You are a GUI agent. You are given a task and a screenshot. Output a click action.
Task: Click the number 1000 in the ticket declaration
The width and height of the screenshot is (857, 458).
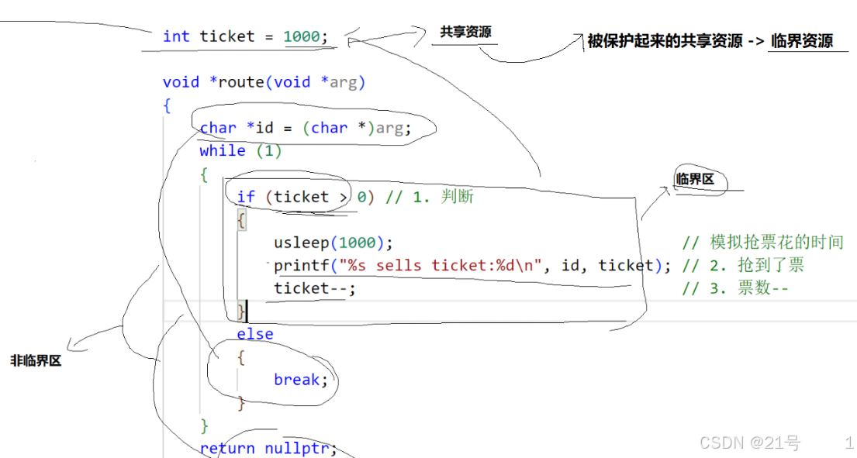point(302,36)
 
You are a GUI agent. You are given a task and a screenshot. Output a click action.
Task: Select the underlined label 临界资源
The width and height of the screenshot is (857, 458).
point(801,41)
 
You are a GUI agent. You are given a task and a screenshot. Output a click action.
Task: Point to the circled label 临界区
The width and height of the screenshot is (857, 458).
point(695,180)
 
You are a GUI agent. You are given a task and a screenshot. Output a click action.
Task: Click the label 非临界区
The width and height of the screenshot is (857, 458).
point(36,360)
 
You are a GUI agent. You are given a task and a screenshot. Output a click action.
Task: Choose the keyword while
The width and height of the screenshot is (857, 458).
point(223,151)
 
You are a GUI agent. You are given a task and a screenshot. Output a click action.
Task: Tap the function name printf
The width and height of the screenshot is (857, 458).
point(302,266)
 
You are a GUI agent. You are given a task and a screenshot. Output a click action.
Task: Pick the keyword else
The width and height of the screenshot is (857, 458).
point(255,334)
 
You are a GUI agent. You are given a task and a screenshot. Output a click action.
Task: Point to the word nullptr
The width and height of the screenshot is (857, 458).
point(297,448)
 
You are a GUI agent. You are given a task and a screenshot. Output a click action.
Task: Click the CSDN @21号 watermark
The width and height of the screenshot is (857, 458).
point(750,443)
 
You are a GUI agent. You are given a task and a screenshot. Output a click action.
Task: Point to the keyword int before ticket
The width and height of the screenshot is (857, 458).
point(176,36)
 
